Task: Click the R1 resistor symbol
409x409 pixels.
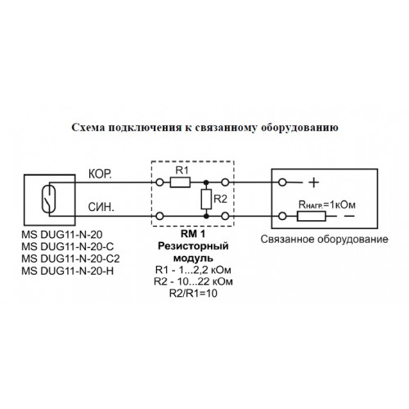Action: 180,182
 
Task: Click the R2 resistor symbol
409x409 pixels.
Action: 206,200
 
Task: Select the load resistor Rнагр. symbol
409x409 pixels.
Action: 312,216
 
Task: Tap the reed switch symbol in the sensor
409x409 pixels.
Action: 48,199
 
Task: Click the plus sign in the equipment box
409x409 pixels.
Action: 313,182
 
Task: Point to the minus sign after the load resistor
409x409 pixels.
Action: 349,216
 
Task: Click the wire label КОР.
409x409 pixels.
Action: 100,174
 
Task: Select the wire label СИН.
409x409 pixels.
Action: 101,207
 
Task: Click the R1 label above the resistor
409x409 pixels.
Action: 182,170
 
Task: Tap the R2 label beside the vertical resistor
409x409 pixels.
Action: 220,199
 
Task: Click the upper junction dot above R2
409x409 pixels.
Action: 206,182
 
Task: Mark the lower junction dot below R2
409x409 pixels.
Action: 206,216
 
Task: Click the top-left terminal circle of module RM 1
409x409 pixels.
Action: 160,182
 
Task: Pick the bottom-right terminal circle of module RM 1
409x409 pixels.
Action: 225,216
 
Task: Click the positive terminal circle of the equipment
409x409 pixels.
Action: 282,182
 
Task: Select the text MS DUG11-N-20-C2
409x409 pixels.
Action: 70,258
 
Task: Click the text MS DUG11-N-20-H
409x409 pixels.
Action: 68,271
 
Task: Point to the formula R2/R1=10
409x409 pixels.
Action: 193,294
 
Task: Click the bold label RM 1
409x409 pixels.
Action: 193,234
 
